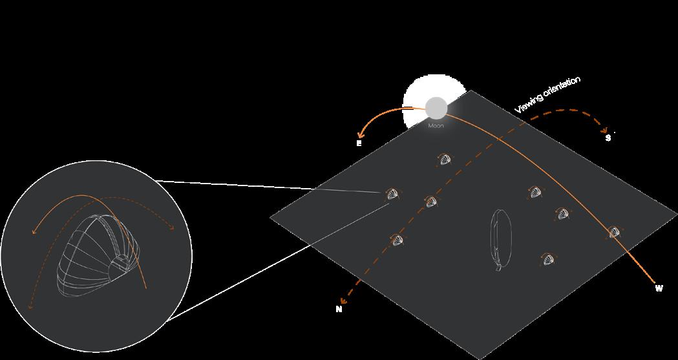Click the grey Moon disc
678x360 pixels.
(x=436, y=107)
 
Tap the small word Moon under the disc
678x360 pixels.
(x=436, y=125)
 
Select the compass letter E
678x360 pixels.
(x=359, y=143)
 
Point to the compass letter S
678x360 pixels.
(x=608, y=138)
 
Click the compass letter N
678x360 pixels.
(x=339, y=309)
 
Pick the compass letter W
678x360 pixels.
(x=659, y=288)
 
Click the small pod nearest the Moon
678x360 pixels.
(x=445, y=159)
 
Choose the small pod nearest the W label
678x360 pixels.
(x=613, y=232)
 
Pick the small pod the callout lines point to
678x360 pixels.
(x=392, y=194)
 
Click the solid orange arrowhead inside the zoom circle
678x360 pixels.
(x=34, y=231)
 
